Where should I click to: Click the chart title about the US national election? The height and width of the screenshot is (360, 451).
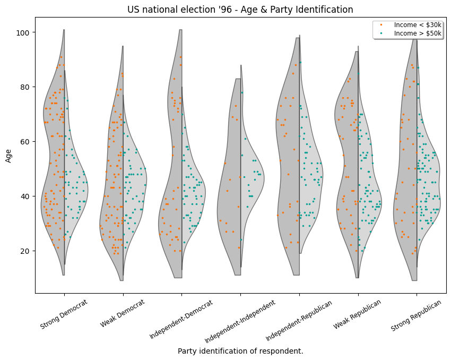[x=240, y=10]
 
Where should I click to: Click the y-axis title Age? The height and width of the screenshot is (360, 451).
[x=8, y=155]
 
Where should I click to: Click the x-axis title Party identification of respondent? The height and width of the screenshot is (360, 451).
[x=240, y=351]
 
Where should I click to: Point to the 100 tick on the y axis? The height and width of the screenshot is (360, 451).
[x=24, y=32]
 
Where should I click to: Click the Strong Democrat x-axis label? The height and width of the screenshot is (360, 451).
[x=64, y=314]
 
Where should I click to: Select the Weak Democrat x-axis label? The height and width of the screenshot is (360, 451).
[x=123, y=313]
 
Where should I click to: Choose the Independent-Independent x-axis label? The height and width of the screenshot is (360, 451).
[x=240, y=321]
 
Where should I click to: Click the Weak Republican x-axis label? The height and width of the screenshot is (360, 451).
[x=358, y=314]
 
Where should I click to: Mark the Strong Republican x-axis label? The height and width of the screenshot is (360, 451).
[x=417, y=315]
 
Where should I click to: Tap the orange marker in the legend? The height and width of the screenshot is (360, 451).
[x=381, y=25]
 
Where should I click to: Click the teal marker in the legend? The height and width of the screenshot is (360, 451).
[x=381, y=33]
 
